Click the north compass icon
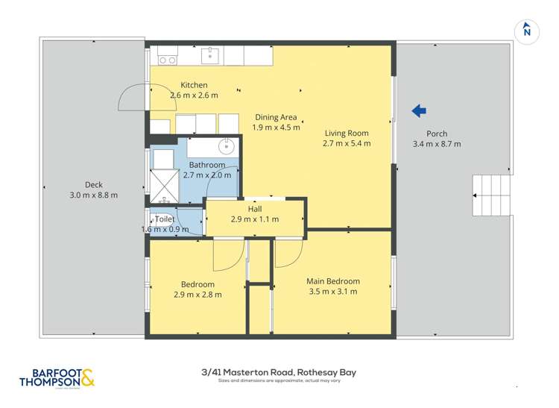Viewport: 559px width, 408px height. [x=526, y=29]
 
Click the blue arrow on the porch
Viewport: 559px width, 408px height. [x=419, y=111]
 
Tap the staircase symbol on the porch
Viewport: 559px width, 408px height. [x=491, y=195]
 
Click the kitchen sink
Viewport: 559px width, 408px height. [x=212, y=54]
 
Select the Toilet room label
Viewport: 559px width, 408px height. [x=165, y=219]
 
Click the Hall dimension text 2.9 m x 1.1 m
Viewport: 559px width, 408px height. [x=255, y=219]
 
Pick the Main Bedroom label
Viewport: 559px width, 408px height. [x=333, y=281]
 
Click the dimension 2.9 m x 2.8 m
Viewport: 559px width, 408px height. [x=198, y=294]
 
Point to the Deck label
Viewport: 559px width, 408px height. [x=93, y=185]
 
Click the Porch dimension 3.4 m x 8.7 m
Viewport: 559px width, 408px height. [x=437, y=144]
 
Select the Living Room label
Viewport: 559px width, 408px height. [x=347, y=134]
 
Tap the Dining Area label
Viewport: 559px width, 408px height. [x=276, y=117]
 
